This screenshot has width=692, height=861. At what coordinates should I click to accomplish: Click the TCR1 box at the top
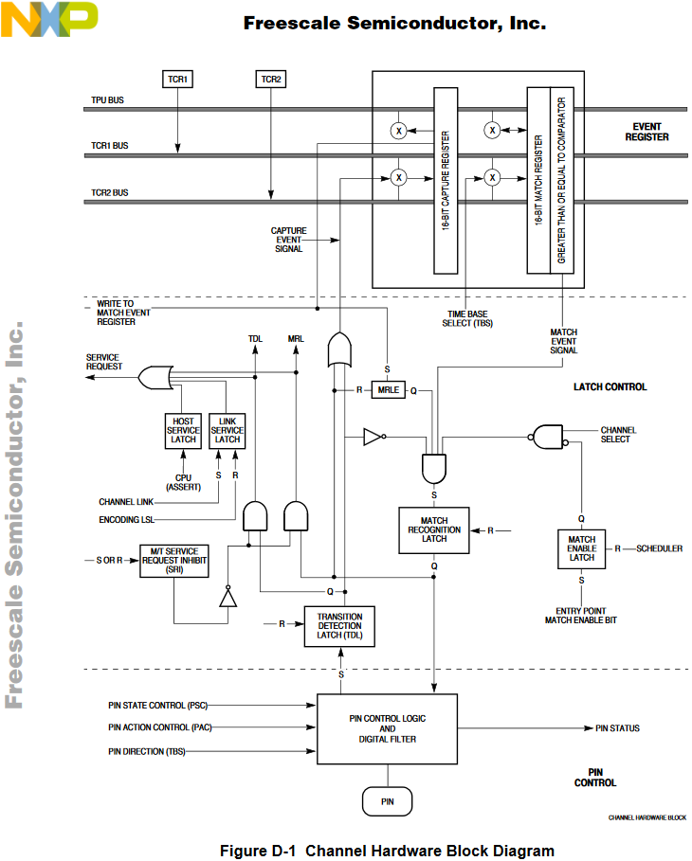click(x=177, y=80)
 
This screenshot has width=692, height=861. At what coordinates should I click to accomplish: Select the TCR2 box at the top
click(x=270, y=80)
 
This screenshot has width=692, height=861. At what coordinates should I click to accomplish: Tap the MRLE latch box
click(x=387, y=390)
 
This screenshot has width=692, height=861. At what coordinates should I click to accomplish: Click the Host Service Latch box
click(x=183, y=430)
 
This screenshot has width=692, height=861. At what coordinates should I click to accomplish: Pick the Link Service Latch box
click(x=227, y=430)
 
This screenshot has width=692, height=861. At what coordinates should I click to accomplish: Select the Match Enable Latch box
click(x=581, y=550)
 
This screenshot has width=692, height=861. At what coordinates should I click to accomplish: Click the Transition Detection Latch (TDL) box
click(x=339, y=626)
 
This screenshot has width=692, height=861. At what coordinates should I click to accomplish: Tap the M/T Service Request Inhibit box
click(x=173, y=560)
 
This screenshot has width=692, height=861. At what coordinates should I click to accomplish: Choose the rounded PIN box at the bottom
click(x=387, y=801)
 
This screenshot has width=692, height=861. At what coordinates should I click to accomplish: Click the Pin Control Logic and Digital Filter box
click(x=387, y=728)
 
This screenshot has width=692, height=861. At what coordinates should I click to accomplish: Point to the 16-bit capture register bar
click(x=446, y=180)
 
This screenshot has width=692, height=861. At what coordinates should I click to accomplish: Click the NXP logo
click(x=49, y=18)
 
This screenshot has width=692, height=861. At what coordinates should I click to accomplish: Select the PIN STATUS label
click(x=617, y=728)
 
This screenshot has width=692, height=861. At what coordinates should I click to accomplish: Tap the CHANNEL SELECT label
click(x=618, y=435)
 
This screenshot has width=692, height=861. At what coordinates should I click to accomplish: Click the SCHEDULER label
click(x=659, y=548)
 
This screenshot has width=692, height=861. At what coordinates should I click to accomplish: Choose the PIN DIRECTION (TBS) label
click(x=148, y=751)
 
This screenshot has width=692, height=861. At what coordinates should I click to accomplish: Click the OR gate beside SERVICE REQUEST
click(x=154, y=379)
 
